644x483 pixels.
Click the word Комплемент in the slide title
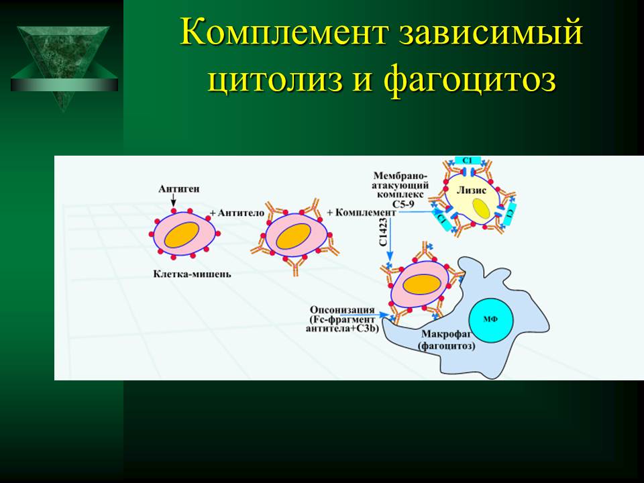[x=284, y=32]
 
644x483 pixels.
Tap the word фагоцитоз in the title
[x=471, y=78]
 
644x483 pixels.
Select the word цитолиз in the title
[x=275, y=78]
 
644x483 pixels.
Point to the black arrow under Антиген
[x=174, y=201]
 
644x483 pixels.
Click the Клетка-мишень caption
[x=193, y=274]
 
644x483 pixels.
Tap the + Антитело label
[x=237, y=213]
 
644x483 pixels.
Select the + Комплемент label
[x=362, y=213]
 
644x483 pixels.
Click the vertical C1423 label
[x=383, y=232]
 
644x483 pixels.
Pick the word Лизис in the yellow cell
[x=472, y=190]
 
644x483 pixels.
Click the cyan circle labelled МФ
[x=490, y=319]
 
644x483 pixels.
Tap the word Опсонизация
[x=342, y=310]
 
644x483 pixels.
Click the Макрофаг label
[x=446, y=335]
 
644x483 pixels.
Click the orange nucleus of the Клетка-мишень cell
[x=182, y=235]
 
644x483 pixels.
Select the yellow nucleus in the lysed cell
[x=480, y=209]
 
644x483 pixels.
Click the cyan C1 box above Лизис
[x=468, y=160]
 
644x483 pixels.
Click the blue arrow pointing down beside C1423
[x=390, y=238]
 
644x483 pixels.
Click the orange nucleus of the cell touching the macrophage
[x=422, y=284]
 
